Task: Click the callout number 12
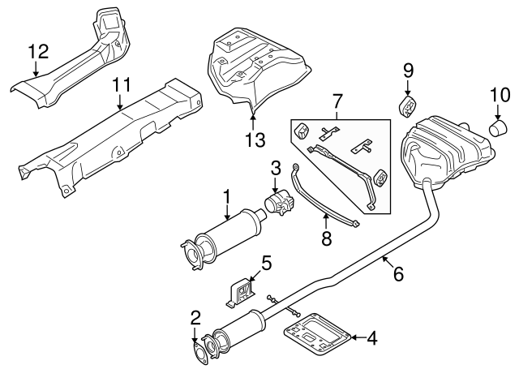click(x=39, y=51)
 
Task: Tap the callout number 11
click(x=122, y=84)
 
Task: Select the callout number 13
click(x=255, y=139)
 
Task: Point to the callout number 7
click(x=337, y=101)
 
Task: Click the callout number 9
click(x=408, y=71)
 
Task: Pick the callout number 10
click(x=500, y=96)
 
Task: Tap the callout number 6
click(x=398, y=274)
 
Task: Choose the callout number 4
click(x=372, y=338)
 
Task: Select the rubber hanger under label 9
click(x=407, y=106)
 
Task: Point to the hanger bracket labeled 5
click(x=241, y=293)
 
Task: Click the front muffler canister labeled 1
click(x=224, y=239)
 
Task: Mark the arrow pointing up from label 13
click(x=253, y=121)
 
